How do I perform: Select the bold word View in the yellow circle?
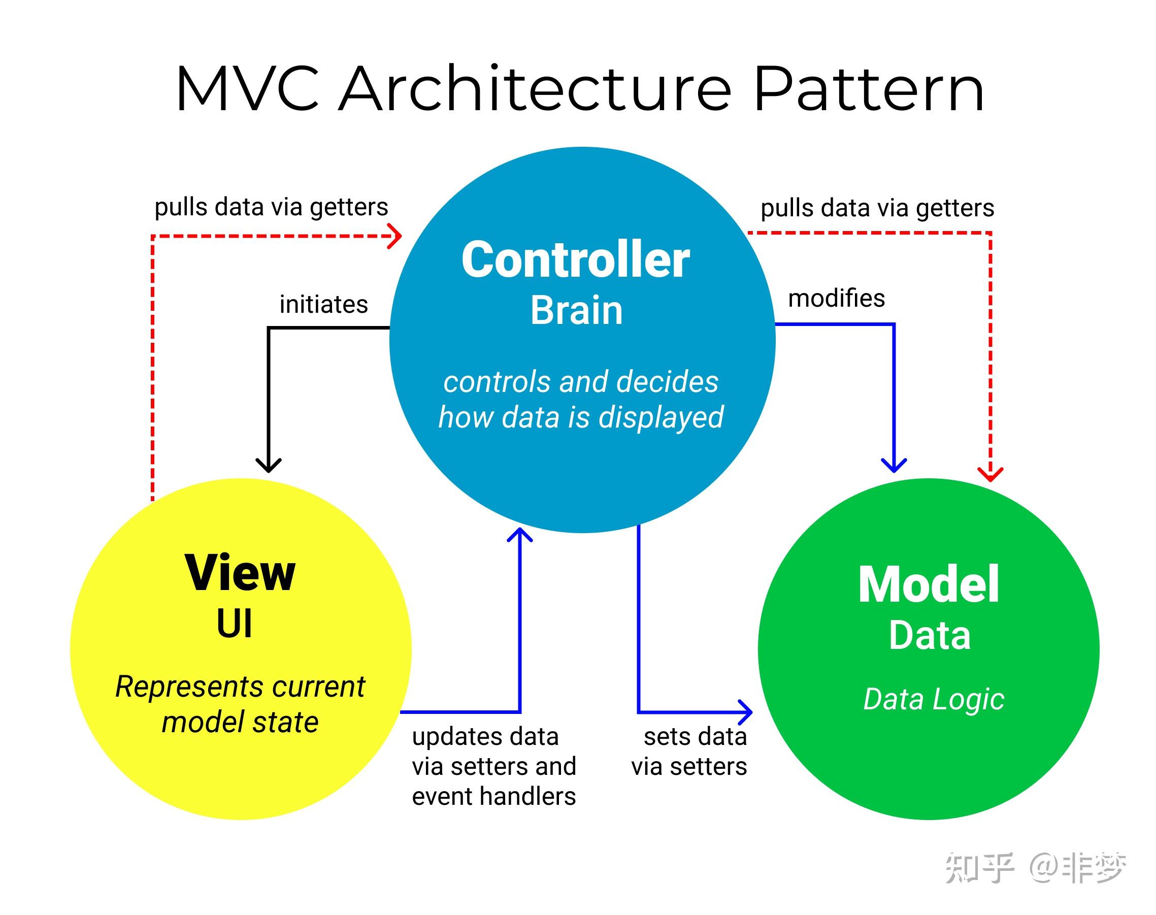coord(240,573)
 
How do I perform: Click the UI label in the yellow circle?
coord(234,624)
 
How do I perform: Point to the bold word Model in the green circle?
coord(929,584)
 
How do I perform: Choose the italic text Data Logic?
coord(933,700)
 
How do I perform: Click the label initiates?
coord(323,304)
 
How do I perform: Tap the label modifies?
coord(836,299)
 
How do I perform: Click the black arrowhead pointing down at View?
coord(269,464)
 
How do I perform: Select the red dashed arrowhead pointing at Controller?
coord(395,236)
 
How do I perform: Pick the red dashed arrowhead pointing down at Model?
coord(990,474)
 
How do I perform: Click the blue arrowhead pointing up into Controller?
coord(519,535)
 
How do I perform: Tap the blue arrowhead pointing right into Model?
coord(746,712)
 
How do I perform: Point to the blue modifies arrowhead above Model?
coord(894,465)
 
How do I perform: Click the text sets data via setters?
coord(689,751)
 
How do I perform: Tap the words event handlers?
coord(493,796)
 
